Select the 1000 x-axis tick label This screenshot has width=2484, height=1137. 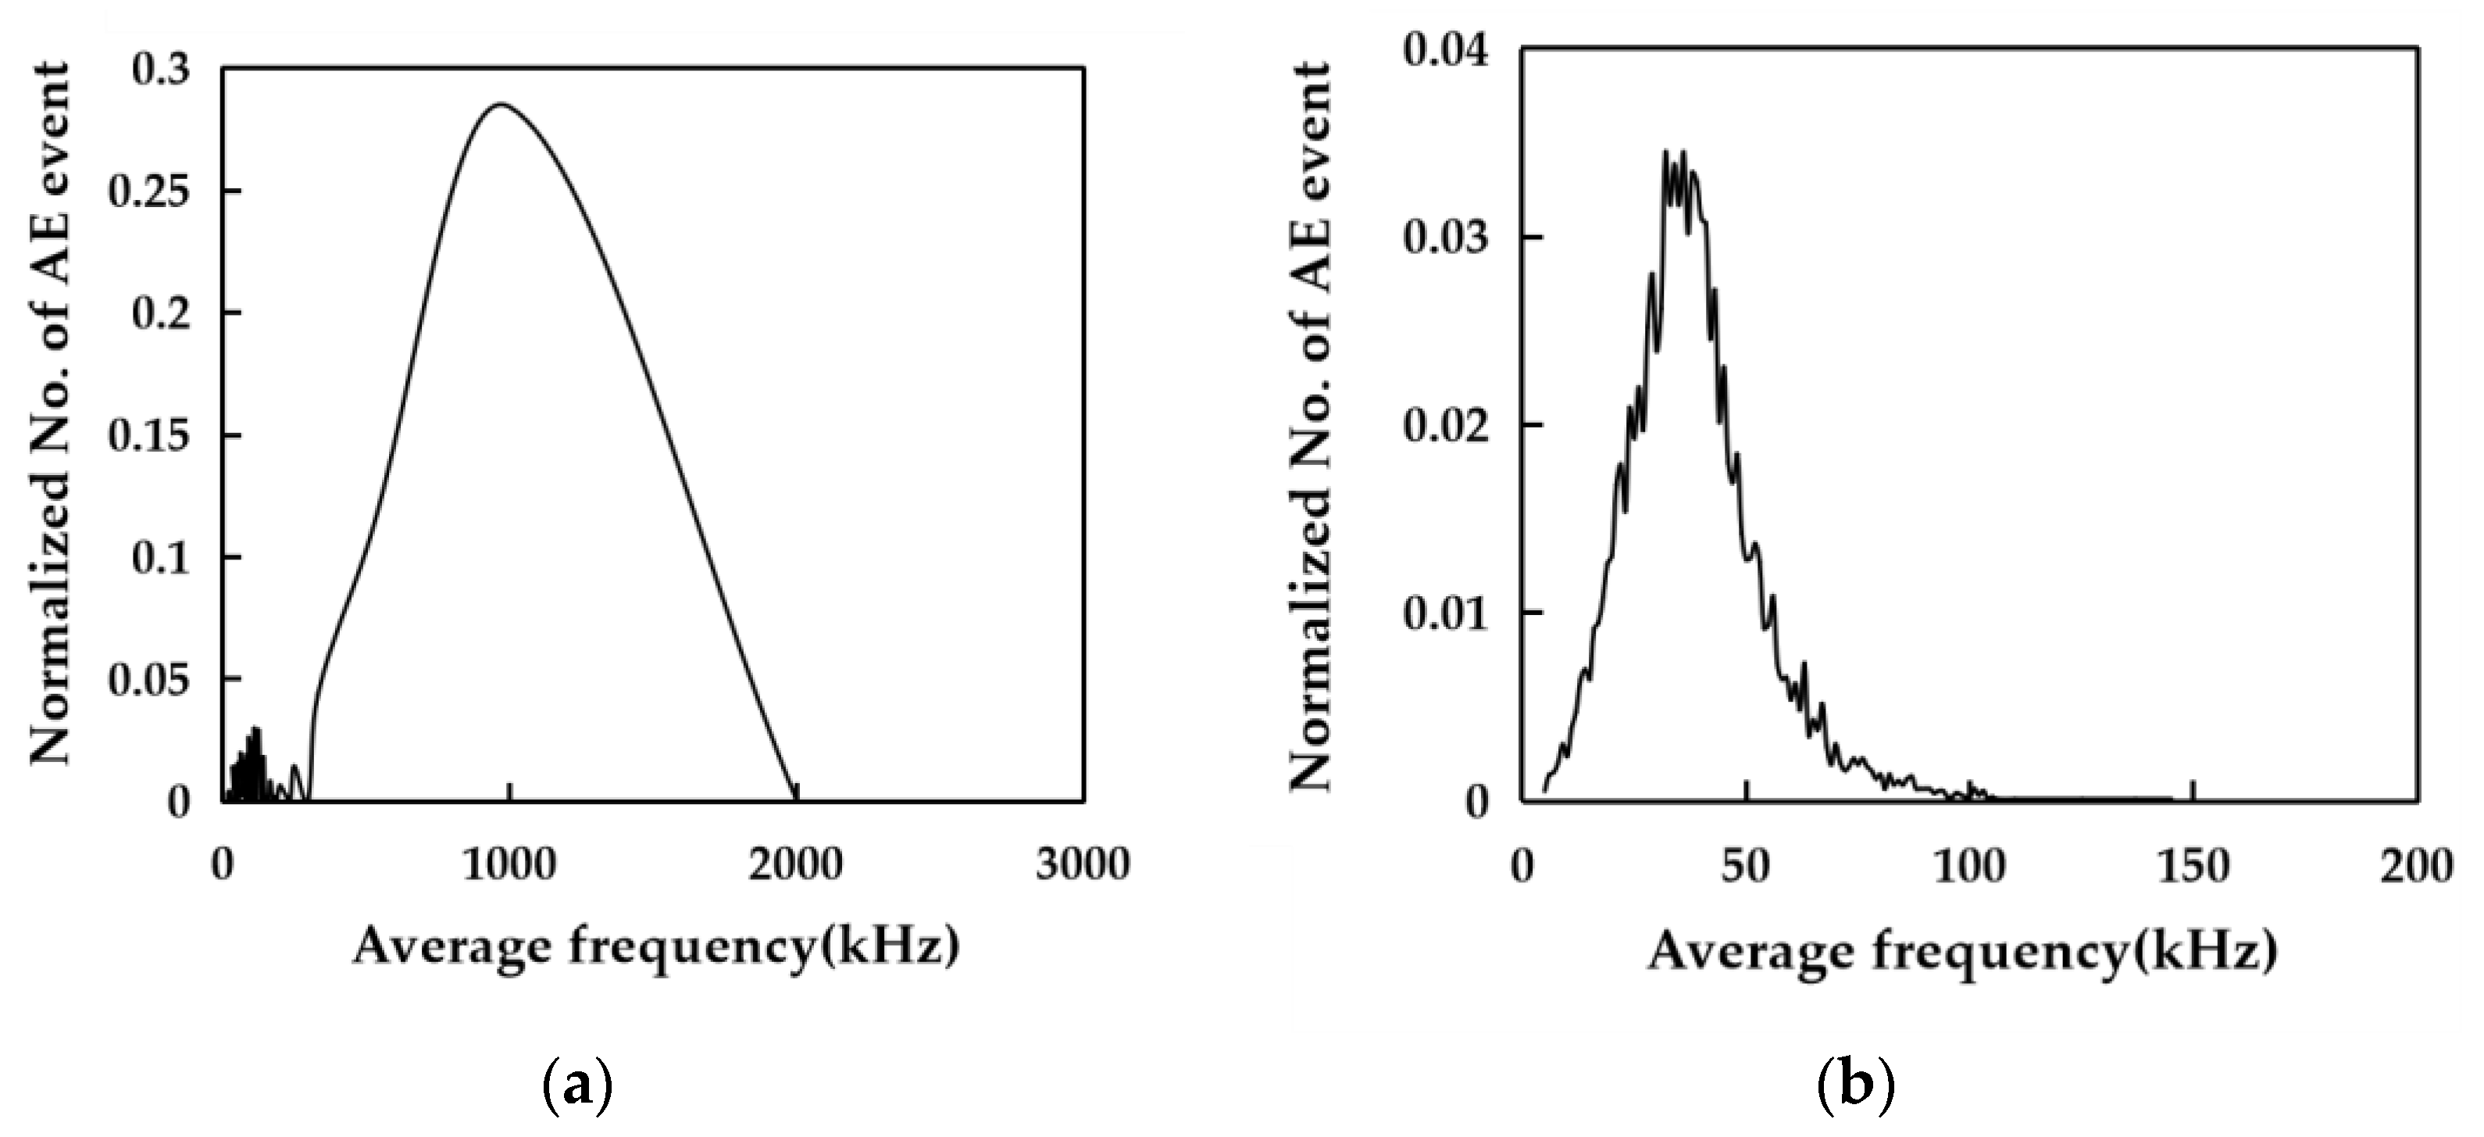pyautogui.click(x=509, y=865)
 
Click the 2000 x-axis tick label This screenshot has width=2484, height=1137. pyautogui.click(x=795, y=865)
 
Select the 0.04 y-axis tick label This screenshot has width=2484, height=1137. pyautogui.click(x=1445, y=50)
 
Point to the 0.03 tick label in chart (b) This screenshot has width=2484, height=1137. pyautogui.click(x=1445, y=238)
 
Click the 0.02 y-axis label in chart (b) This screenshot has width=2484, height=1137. pyautogui.click(x=1445, y=425)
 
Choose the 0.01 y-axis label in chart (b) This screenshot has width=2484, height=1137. pyautogui.click(x=1445, y=613)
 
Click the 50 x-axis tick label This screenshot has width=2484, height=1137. pyautogui.click(x=1745, y=866)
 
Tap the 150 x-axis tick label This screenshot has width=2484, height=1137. pyautogui.click(x=2193, y=866)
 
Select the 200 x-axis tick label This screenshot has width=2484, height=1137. pyautogui.click(x=2417, y=866)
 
